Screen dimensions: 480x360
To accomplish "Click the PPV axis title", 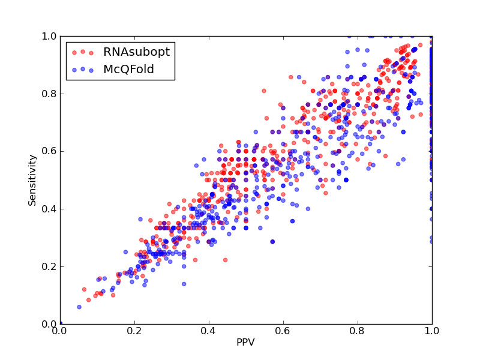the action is pyautogui.click(x=245, y=342).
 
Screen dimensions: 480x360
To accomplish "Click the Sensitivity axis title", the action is pyautogui.click(x=32, y=181).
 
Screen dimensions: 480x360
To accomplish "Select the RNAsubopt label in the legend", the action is pyautogui.click(x=137, y=52).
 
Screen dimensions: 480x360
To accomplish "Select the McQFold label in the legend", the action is pyautogui.click(x=128, y=69).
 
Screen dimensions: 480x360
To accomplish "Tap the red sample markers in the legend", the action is pyautogui.click(x=83, y=52).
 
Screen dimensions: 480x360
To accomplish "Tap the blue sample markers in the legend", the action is pyautogui.click(x=83, y=70).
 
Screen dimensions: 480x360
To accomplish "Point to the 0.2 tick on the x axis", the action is pyautogui.click(x=134, y=331).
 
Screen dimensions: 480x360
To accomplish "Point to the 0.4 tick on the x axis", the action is pyautogui.click(x=209, y=331).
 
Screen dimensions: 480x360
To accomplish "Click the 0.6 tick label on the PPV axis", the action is pyautogui.click(x=283, y=331).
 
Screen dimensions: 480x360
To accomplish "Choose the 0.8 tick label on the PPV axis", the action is pyautogui.click(x=358, y=331).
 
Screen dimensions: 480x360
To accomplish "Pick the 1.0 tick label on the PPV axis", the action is pyautogui.click(x=432, y=331).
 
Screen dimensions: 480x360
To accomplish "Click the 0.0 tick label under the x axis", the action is pyautogui.click(x=60, y=331).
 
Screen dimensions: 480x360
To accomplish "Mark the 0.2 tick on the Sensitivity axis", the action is pyautogui.click(x=49, y=266).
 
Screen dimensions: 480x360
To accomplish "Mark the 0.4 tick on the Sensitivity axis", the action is pyautogui.click(x=49, y=209).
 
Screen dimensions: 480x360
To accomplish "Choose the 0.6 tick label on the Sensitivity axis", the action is pyautogui.click(x=49, y=152).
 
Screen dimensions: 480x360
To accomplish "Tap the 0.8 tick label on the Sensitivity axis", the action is pyautogui.click(x=49, y=94).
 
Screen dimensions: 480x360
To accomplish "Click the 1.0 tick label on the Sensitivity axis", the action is pyautogui.click(x=49, y=36).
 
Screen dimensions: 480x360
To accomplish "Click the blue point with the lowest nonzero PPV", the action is pyautogui.click(x=79, y=307).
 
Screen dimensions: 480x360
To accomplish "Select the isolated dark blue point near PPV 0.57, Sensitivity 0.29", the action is pyautogui.click(x=272, y=242).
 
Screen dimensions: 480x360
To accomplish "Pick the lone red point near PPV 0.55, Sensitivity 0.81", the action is pyautogui.click(x=264, y=91).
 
